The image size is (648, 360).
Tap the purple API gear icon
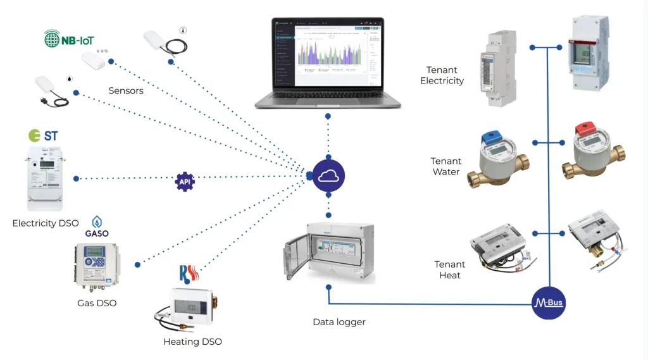pos(185,182)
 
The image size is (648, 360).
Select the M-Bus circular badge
pos(549,304)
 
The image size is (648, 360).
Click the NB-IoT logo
pos(69,39)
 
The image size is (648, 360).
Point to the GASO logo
pos(97,227)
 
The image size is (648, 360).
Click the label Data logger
pos(339,322)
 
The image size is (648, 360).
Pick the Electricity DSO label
pos(46,223)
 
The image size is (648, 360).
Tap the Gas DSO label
pos(97,303)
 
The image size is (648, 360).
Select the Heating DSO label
pos(192,342)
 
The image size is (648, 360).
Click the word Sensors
pos(126,90)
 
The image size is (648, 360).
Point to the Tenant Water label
pos(446,166)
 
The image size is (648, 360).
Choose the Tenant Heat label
pos(449,270)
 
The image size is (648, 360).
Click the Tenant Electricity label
pos(442,75)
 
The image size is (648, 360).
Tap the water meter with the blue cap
pos(497,160)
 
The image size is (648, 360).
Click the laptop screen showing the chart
pos(328,54)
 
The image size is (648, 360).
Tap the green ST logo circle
pos(35,135)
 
